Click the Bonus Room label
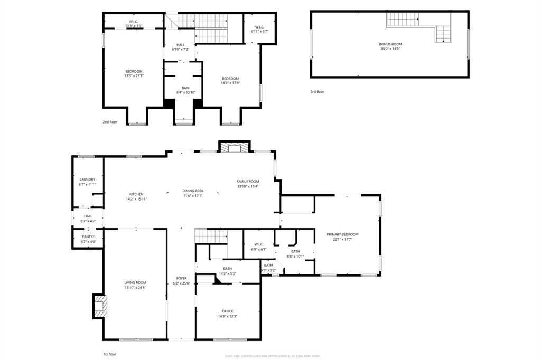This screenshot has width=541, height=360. click(x=390, y=44)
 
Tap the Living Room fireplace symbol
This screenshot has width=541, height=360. click(x=100, y=306)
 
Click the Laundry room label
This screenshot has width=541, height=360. click(x=87, y=179)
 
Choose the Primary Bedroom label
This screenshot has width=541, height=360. click(x=342, y=234)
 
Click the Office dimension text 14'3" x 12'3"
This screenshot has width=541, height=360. click(x=227, y=316)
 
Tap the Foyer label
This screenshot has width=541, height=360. click(x=181, y=278)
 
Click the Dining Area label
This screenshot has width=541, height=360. click(x=193, y=191)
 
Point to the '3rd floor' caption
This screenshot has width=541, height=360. click(x=317, y=92)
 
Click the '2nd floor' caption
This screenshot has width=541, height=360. click(x=109, y=122)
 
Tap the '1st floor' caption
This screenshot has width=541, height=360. click(x=109, y=354)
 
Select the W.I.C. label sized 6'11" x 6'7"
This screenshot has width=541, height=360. click(x=259, y=27)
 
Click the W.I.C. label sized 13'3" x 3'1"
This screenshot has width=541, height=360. click(x=133, y=22)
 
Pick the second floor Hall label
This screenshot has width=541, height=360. click(x=181, y=45)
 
